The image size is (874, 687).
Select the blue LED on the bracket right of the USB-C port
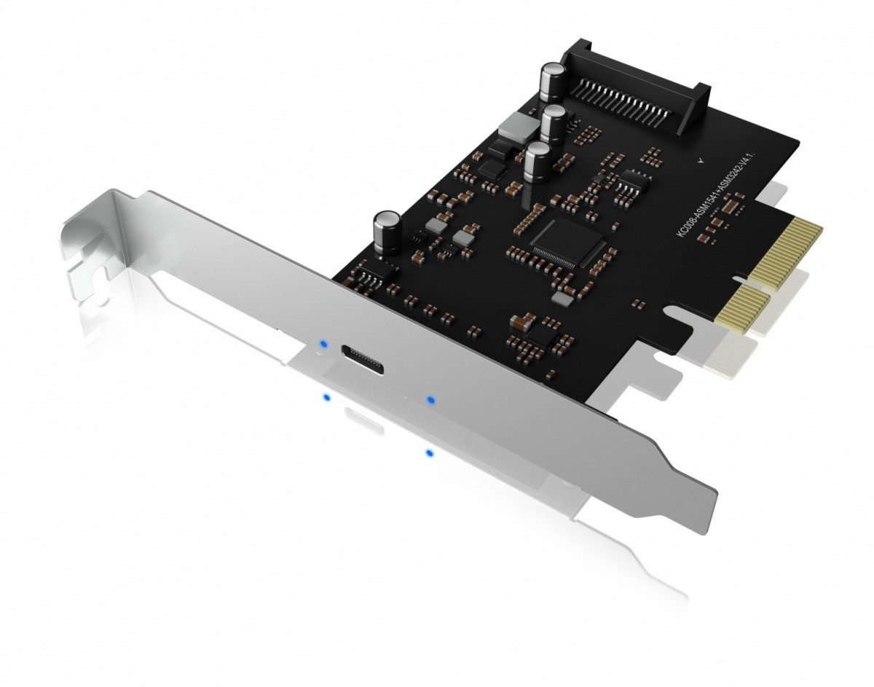pos(431,400)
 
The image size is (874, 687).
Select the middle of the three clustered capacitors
pos(554,124)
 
